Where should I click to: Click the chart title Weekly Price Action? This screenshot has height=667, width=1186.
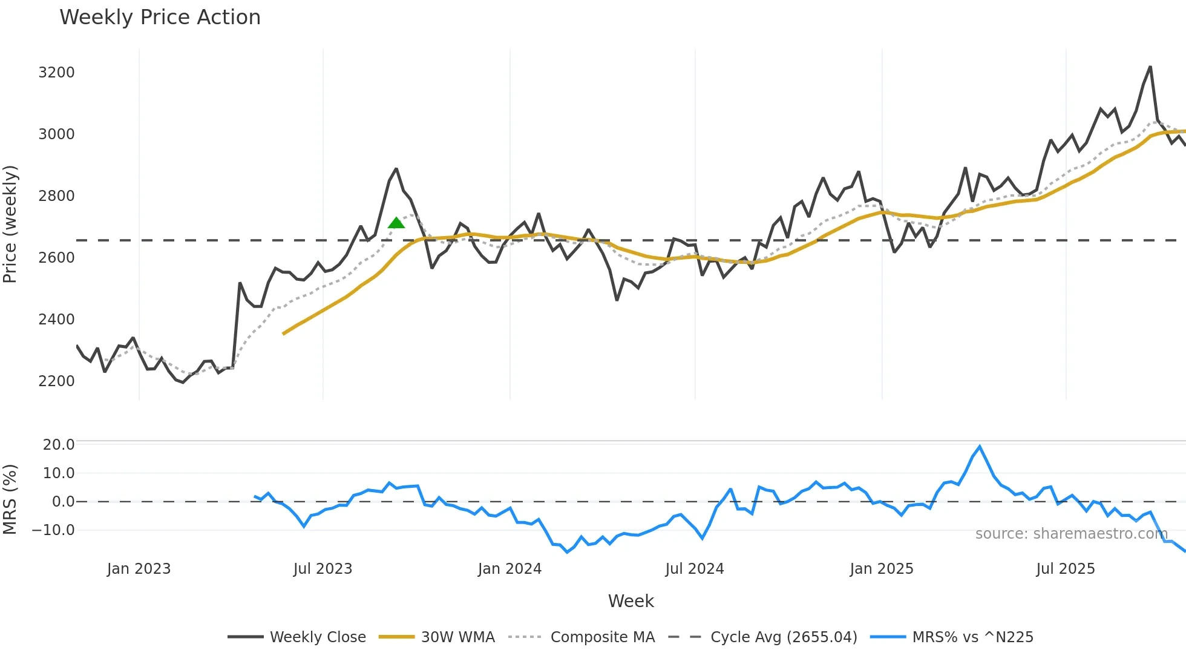160,18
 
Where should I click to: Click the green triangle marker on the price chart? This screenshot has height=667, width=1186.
396,223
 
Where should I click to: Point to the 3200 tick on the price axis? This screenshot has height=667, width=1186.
56,73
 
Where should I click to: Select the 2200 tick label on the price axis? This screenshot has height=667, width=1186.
56,381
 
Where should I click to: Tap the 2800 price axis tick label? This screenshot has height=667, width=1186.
56,196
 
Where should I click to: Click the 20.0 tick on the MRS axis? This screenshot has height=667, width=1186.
59,445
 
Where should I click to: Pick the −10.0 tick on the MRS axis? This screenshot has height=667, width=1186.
53,530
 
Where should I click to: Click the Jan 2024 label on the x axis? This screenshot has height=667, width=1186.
509,569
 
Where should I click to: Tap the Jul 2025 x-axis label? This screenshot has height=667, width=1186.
1065,569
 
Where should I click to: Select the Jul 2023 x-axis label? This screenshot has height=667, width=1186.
323,569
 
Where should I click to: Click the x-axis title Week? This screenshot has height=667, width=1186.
631,601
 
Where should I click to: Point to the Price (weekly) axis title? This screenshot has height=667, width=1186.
10,224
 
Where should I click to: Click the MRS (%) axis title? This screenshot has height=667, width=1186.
10,499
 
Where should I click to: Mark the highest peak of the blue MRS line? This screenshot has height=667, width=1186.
980,447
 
